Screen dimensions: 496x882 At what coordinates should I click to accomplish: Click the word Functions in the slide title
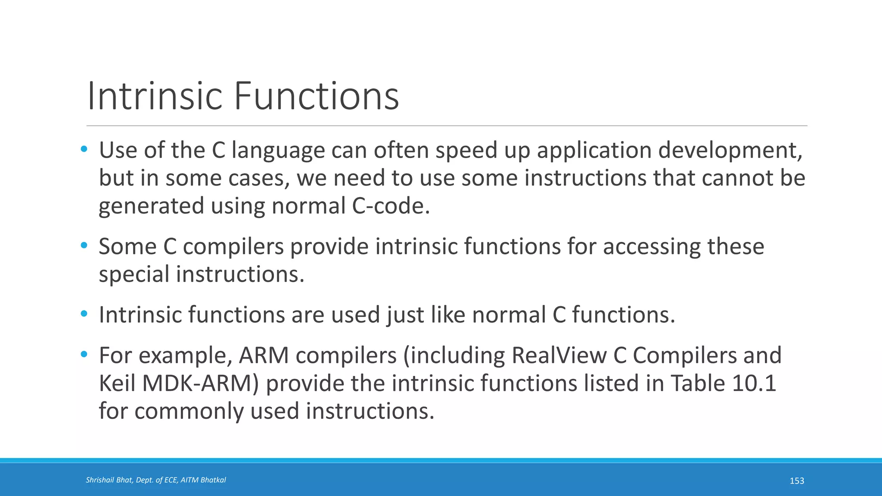317,96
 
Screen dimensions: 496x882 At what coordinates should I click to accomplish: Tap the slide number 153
797,481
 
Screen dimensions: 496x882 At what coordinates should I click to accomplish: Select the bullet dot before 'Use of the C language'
84,149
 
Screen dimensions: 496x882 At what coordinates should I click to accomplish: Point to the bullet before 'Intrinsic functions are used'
84,314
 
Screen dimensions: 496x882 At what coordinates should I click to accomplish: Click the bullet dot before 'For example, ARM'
84,355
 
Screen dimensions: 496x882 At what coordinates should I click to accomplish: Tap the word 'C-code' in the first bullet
390,206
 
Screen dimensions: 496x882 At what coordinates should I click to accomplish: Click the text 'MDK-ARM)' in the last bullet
200,383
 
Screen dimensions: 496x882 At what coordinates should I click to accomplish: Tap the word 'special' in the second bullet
134,275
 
